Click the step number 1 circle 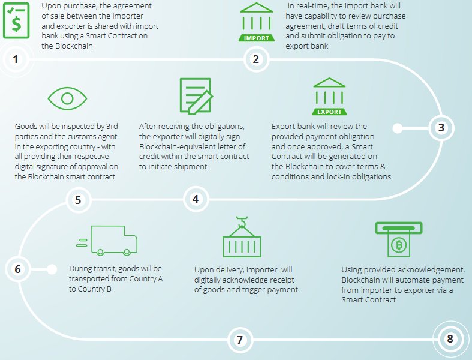16,59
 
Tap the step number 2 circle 256,59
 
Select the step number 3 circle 441,127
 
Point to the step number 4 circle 195,199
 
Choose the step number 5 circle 78,200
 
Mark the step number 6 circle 17,269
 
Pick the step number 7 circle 240,340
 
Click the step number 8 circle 450,339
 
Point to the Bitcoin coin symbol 398,245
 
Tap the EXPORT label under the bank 330,112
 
